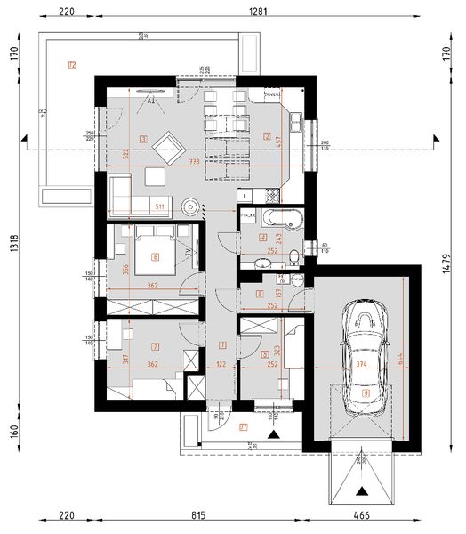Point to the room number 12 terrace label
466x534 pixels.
point(72,64)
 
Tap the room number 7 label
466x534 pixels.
point(155,344)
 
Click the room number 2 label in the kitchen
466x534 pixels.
point(267,136)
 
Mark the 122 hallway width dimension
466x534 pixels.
point(219,364)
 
